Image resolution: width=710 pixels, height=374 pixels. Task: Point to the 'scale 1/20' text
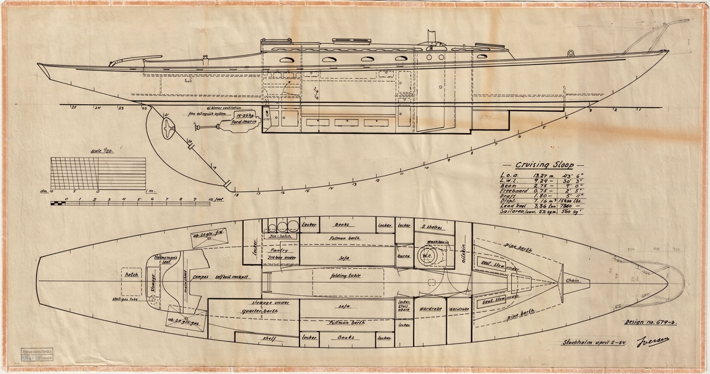[x=98, y=152]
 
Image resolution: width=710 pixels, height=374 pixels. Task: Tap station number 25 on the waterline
[x=74, y=109]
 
